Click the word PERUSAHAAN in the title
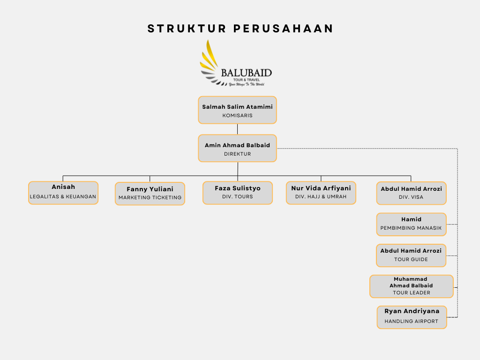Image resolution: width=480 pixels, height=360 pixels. click(x=283, y=29)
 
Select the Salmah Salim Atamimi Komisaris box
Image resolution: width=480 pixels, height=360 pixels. click(x=237, y=110)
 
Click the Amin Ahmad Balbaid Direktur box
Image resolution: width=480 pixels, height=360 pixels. click(x=237, y=149)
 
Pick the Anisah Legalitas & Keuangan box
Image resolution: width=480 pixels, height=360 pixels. click(x=63, y=193)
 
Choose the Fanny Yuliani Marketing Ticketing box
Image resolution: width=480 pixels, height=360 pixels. click(x=150, y=194)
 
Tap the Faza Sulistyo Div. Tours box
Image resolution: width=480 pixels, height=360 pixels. click(x=238, y=193)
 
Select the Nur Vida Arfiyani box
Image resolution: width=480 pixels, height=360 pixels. click(x=321, y=193)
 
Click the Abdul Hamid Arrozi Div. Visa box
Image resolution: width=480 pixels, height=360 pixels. click(x=411, y=193)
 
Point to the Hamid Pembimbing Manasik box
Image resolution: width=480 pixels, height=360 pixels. click(x=411, y=224)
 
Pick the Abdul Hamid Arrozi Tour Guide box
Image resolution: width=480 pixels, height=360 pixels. click(x=411, y=255)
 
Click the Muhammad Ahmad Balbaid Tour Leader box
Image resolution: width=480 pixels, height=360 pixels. click(x=411, y=286)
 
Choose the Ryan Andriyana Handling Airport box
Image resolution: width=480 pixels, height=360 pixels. click(x=412, y=317)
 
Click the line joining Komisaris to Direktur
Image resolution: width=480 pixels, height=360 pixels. click(x=237, y=129)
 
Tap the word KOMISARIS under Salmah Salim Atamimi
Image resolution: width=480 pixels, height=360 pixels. click(x=237, y=115)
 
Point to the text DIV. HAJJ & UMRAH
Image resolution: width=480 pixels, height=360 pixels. click(x=321, y=197)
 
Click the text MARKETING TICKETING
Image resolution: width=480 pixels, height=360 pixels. click(x=150, y=198)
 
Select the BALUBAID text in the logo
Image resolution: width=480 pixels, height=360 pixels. click(x=246, y=73)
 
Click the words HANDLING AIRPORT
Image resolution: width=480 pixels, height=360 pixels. click(x=412, y=322)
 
